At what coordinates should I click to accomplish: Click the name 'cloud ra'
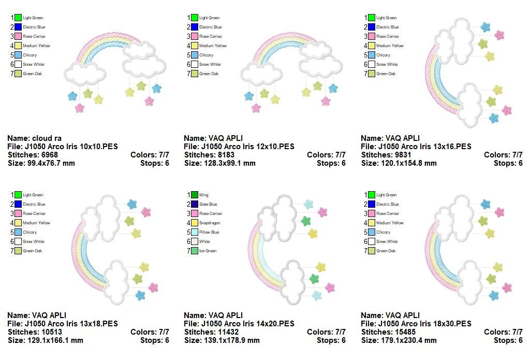tap(47, 138)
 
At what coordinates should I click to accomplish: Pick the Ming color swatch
tap(195, 195)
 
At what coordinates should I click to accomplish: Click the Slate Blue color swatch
tap(195, 205)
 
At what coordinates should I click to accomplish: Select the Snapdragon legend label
tap(210, 223)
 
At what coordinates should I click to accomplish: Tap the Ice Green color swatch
tap(195, 251)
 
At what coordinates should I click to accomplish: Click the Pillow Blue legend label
tap(209, 233)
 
